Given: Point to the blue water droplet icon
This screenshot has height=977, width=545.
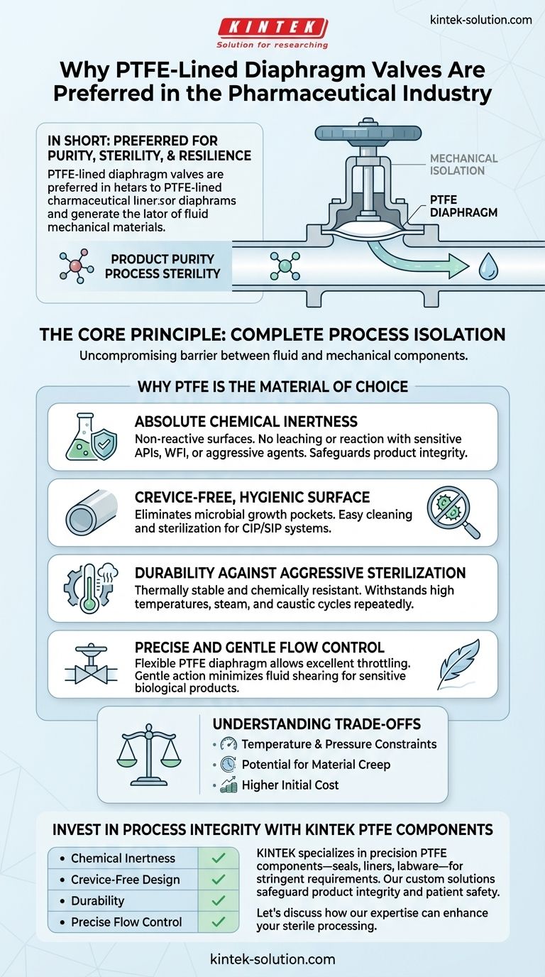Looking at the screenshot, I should (x=488, y=267).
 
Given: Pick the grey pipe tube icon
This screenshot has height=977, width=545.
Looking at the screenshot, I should (x=91, y=513).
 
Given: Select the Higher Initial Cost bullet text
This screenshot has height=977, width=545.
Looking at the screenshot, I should (x=290, y=785).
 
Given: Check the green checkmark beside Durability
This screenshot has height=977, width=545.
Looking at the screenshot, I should (x=219, y=900).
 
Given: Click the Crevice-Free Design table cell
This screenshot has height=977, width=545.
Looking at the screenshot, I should (x=125, y=879).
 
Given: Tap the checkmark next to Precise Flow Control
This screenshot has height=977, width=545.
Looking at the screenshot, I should (x=219, y=922).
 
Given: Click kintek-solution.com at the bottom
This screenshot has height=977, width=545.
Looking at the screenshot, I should (x=272, y=959).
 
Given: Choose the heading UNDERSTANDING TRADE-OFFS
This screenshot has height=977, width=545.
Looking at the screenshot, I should (x=316, y=724).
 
